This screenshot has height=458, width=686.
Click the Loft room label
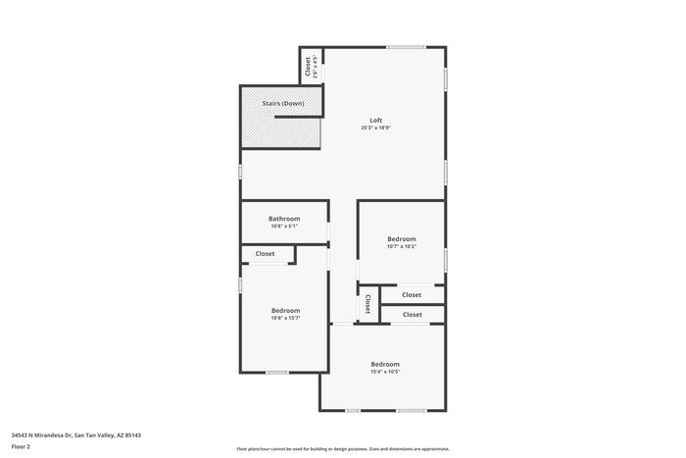pyautogui.click(x=375, y=120)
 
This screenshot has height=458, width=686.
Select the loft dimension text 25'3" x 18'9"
pyautogui.click(x=375, y=127)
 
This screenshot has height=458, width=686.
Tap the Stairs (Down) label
pyautogui.click(x=282, y=103)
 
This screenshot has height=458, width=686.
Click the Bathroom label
pyautogui.click(x=284, y=219)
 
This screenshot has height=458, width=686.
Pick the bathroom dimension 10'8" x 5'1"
pyautogui.click(x=284, y=227)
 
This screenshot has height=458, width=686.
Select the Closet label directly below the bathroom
pyautogui.click(x=266, y=254)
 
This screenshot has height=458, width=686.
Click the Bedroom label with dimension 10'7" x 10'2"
pyautogui.click(x=401, y=239)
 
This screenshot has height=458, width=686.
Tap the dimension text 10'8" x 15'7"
pyautogui.click(x=286, y=318)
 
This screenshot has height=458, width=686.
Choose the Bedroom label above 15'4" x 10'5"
pyautogui.click(x=385, y=364)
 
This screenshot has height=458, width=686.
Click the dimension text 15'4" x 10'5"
pyautogui.click(x=385, y=372)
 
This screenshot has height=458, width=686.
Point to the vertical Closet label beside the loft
pyautogui.click(x=308, y=66)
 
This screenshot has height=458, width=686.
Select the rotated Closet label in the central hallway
pyautogui.click(x=368, y=304)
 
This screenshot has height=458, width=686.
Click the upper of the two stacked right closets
pyautogui.click(x=412, y=294)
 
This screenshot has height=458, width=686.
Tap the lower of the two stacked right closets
pyautogui.click(x=412, y=315)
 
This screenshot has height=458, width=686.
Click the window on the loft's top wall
pyautogui.click(x=405, y=47)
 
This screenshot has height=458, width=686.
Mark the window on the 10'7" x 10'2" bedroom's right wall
pyautogui.click(x=445, y=260)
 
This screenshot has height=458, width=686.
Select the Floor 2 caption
pyautogui.click(x=21, y=446)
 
